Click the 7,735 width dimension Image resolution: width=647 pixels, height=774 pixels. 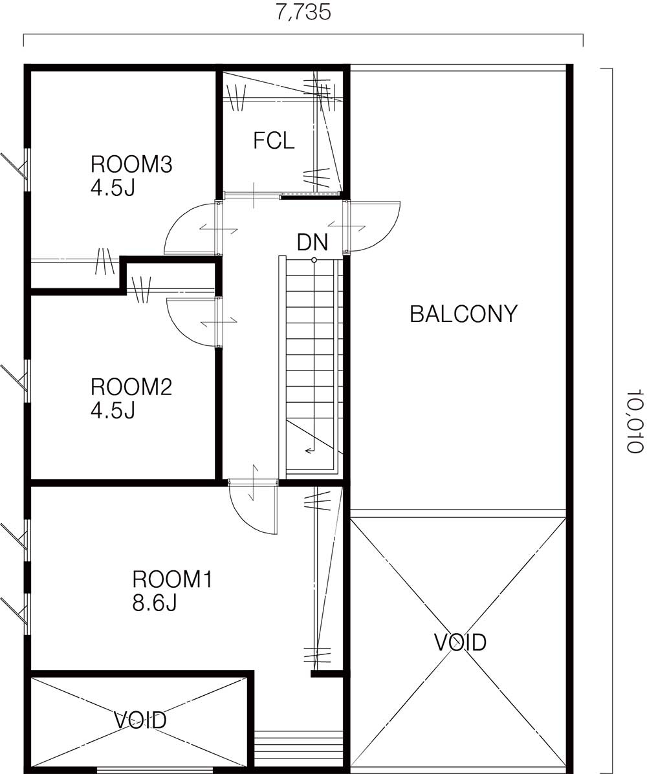coord(303,12)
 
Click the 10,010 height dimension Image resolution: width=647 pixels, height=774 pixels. coord(635,420)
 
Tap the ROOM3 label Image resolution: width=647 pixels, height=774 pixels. coord(131,164)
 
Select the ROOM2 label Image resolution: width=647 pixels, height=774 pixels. coord(131,387)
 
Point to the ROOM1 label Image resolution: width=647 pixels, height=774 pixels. coord(172,579)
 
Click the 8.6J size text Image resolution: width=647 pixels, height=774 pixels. coord(155,603)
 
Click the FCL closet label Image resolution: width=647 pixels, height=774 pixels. coord(274,141)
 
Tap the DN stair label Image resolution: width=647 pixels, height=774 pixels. coord(312,242)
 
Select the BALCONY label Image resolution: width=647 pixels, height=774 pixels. coord(463,314)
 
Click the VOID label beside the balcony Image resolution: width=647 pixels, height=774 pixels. coord(460,642)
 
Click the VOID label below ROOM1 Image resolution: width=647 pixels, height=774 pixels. coord(140,720)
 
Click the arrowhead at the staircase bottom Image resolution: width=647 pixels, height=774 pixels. coord(308,449)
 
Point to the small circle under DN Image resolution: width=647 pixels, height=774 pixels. coord(314,259)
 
